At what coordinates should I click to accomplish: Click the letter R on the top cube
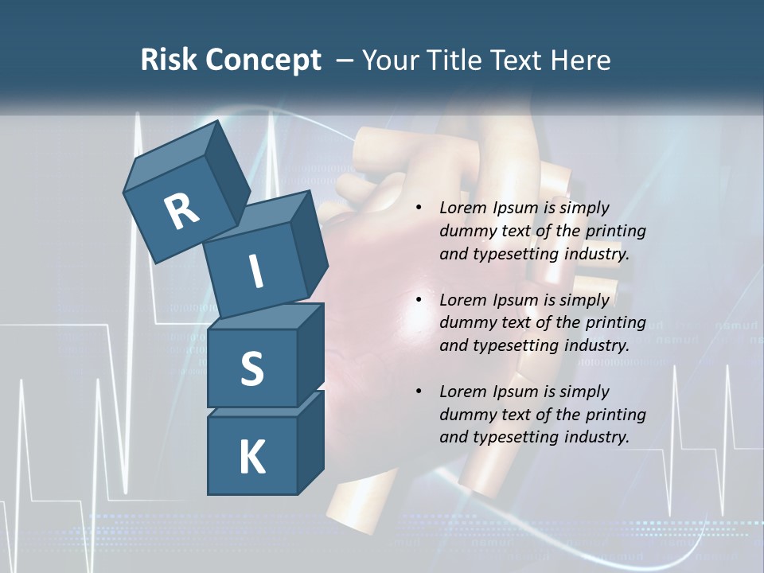pyautogui.click(x=181, y=211)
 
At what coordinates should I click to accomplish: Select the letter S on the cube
pyautogui.click(x=251, y=368)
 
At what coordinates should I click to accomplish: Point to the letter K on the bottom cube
pyautogui.click(x=251, y=458)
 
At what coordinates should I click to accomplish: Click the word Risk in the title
pyautogui.click(x=170, y=60)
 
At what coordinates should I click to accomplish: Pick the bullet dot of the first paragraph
pyautogui.click(x=419, y=209)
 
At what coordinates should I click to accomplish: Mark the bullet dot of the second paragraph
pyautogui.click(x=419, y=300)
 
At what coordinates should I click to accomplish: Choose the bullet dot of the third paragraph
pyautogui.click(x=419, y=392)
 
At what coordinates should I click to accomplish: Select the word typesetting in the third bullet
pyautogui.click(x=517, y=437)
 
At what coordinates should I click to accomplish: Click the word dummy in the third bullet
pyautogui.click(x=466, y=414)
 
